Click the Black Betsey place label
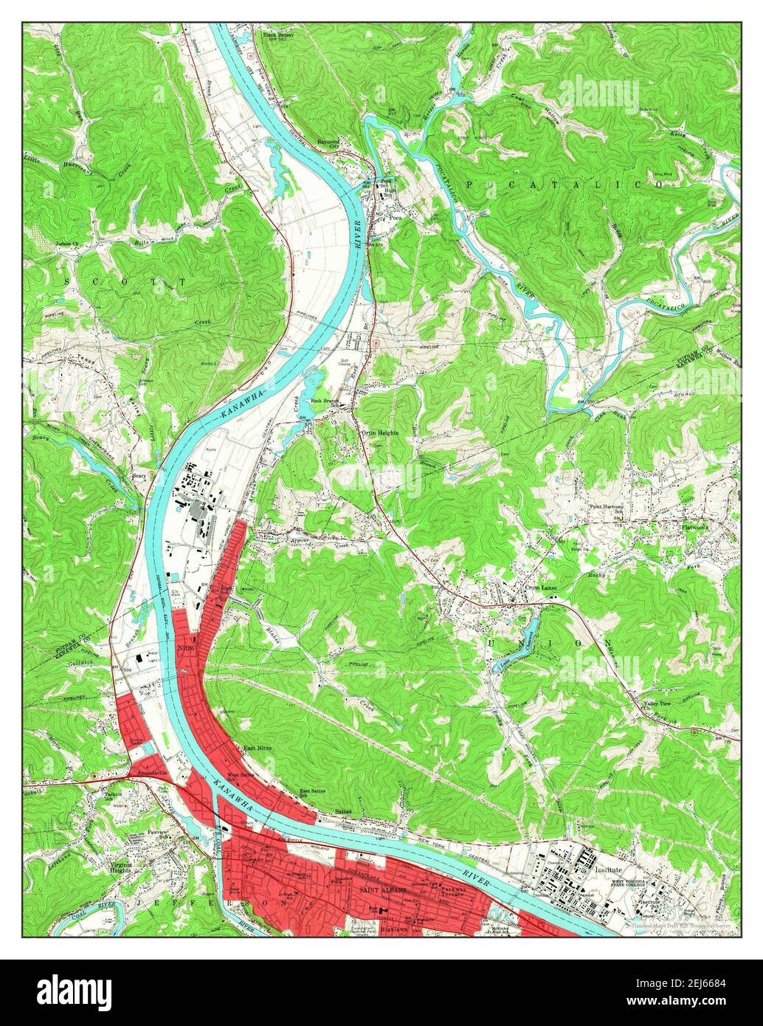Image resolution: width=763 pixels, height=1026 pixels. pos(278,34)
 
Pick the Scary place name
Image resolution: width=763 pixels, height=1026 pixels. pos(139,477)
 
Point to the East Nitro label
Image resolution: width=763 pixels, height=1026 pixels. pos(258,748)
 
